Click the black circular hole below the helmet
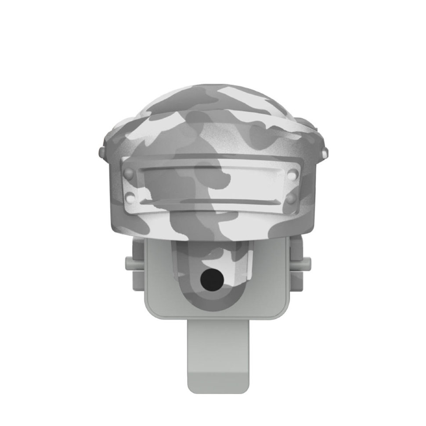click(x=210, y=278)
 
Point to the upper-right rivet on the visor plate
click(x=291, y=175)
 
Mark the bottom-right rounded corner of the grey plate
click(x=281, y=314)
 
